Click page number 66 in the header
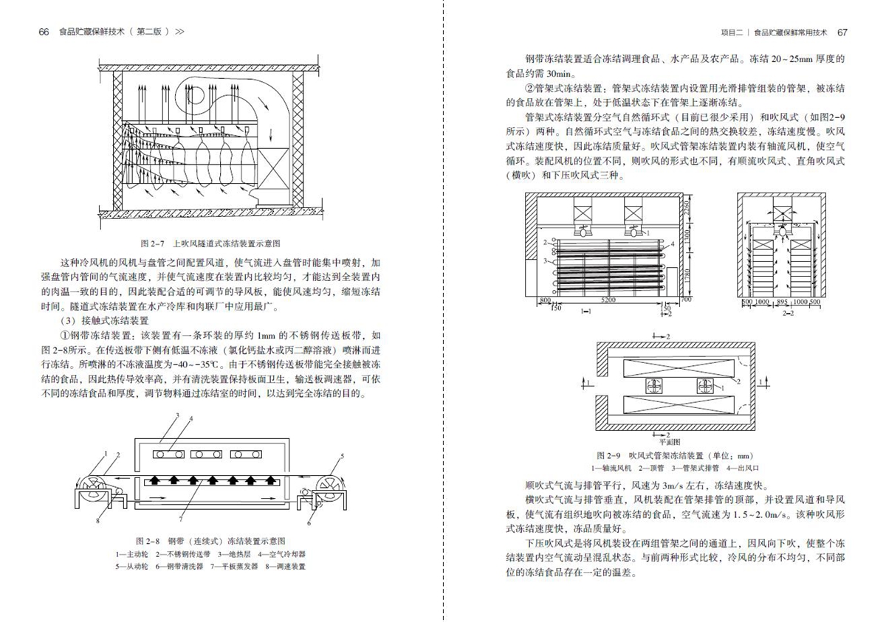click(x=44, y=32)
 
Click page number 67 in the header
click(x=842, y=32)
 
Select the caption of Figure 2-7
click(x=211, y=243)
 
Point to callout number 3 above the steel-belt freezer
click(x=178, y=418)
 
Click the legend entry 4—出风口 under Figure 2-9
click(x=744, y=468)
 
